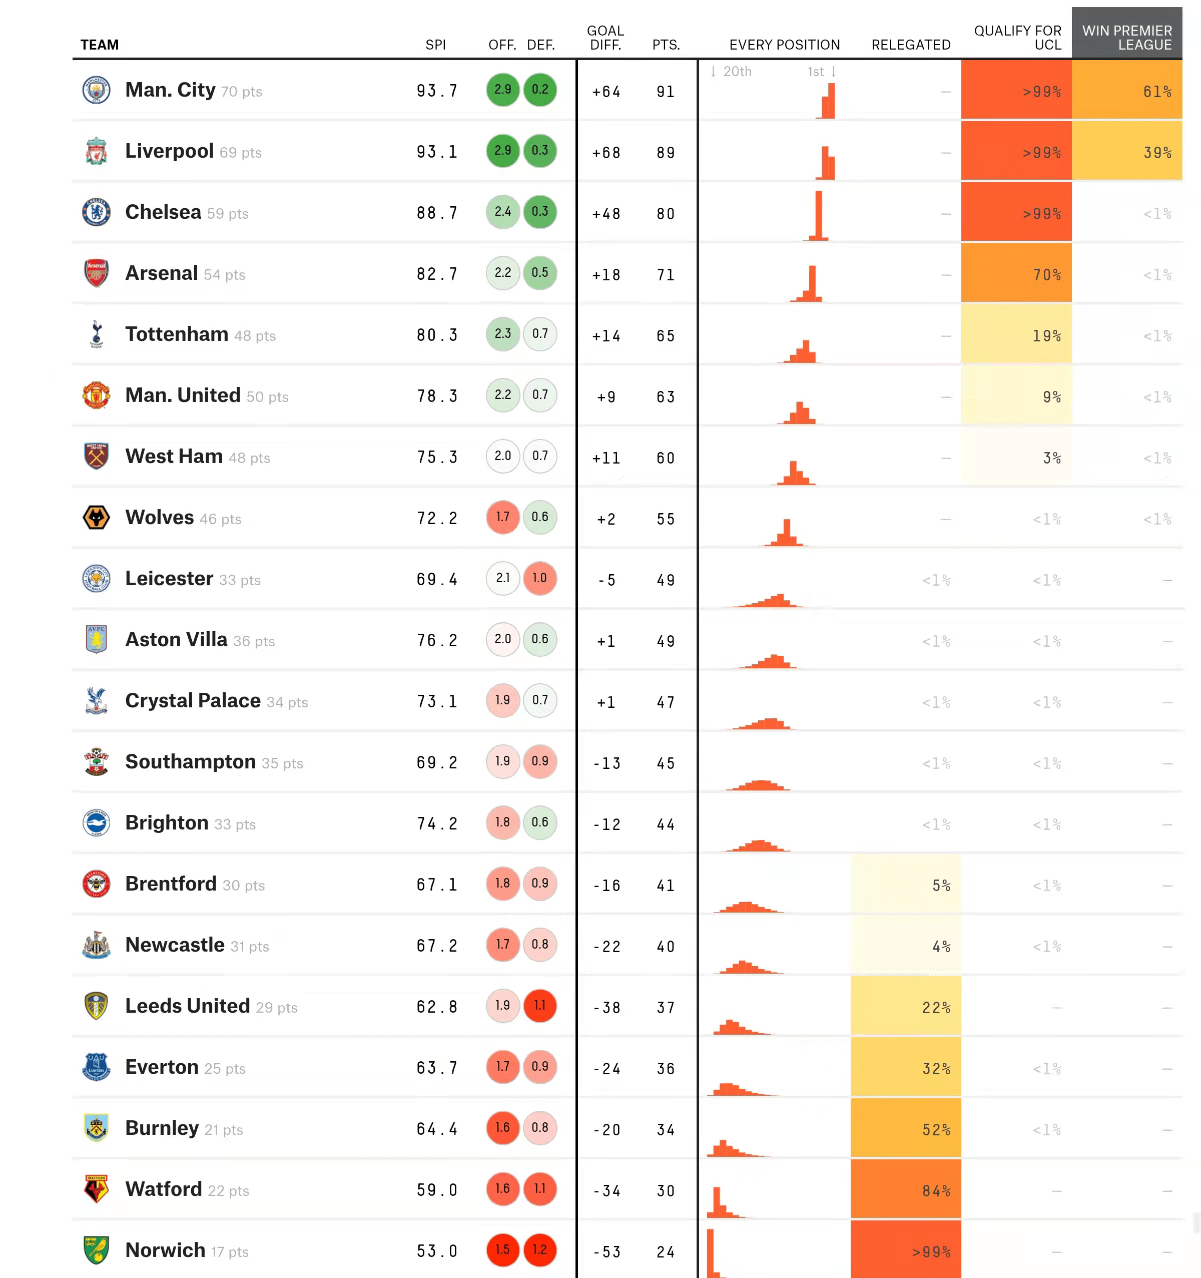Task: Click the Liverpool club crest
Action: pyautogui.click(x=97, y=151)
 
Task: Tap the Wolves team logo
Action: pyautogui.click(x=97, y=518)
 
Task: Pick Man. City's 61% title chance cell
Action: pyautogui.click(x=1126, y=91)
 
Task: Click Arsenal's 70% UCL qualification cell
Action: pyautogui.click(x=1016, y=274)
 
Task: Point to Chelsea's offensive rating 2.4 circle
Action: pyautogui.click(x=502, y=212)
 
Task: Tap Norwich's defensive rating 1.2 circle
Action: pyautogui.click(x=540, y=1249)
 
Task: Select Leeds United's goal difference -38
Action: pyautogui.click(x=607, y=1007)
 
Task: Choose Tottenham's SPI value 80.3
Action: pyautogui.click(x=437, y=335)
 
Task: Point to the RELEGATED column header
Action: pyautogui.click(x=911, y=45)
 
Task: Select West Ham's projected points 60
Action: pyautogui.click(x=666, y=458)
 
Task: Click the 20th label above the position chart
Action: pyautogui.click(x=737, y=72)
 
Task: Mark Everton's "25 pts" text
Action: pyautogui.click(x=225, y=1068)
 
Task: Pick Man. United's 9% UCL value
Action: pyautogui.click(x=1051, y=396)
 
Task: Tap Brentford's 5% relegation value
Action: pyautogui.click(x=941, y=885)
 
